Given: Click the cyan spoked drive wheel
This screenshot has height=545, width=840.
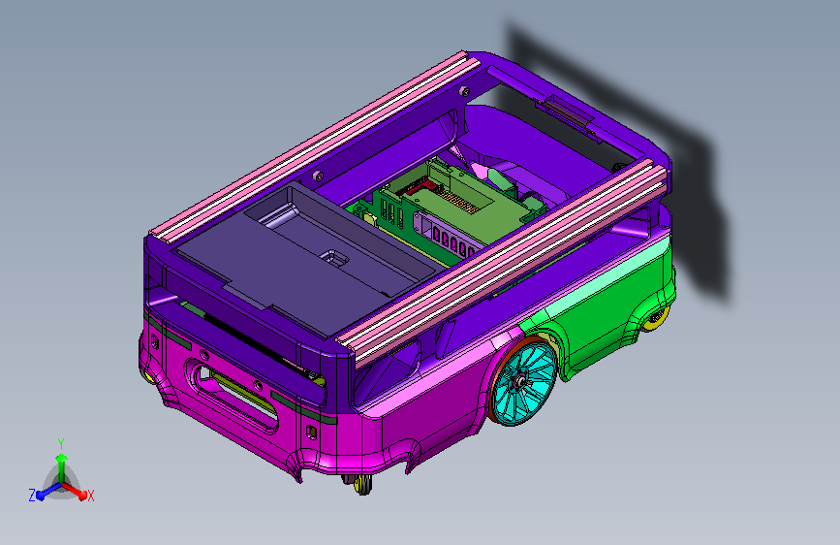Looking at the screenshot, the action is [523, 382].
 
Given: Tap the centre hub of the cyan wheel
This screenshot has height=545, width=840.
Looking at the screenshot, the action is [520, 381].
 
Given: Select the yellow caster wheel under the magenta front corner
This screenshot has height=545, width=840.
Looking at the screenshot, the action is [363, 484].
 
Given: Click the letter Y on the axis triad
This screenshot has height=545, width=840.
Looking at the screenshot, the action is [61, 443].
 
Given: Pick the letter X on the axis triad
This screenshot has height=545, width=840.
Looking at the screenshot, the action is [90, 496].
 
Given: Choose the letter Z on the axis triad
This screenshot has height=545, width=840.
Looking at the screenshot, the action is [32, 496].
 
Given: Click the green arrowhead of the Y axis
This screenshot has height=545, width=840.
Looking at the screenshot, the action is [62, 458].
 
